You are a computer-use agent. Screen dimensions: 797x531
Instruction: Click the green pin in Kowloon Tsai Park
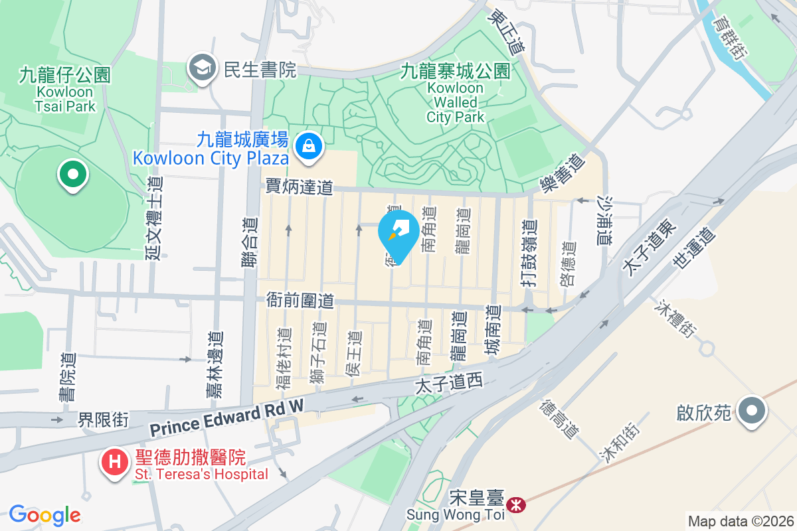(73, 176)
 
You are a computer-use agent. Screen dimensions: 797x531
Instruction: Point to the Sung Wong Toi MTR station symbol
(515, 505)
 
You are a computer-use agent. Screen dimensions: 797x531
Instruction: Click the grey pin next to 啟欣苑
(752, 412)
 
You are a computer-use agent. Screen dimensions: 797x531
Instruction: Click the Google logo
(44, 515)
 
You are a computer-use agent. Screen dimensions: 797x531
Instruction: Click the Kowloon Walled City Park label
(456, 93)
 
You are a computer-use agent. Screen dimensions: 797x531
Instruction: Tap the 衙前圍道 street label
(300, 300)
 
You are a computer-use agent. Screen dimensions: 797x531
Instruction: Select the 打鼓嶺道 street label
(529, 253)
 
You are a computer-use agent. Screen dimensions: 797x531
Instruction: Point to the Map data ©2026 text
(741, 521)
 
